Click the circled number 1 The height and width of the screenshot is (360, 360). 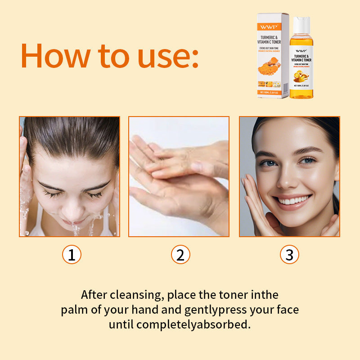tap(71, 255)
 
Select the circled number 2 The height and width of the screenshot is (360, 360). tap(180, 255)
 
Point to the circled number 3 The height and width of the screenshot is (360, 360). tap(289, 255)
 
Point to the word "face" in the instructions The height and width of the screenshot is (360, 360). tap(286, 310)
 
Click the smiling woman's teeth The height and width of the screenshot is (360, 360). tap(294, 199)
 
